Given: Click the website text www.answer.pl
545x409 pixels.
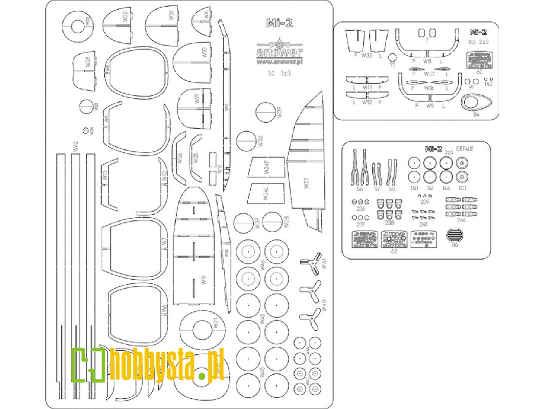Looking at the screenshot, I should click(x=279, y=62).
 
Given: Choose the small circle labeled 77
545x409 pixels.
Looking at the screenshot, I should click(x=392, y=57).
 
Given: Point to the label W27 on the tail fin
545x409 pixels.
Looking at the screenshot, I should click(x=306, y=183).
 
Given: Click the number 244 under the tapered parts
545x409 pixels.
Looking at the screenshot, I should click(x=461, y=220).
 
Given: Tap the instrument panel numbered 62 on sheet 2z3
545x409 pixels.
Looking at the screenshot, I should click(x=479, y=60).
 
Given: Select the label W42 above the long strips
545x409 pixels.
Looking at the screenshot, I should click(x=75, y=147).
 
